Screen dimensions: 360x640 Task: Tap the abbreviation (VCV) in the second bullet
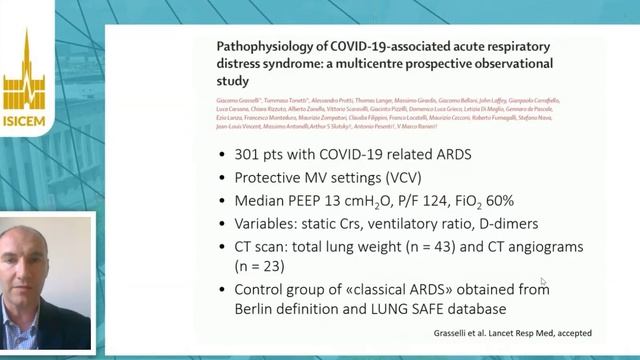pyautogui.click(x=391, y=178)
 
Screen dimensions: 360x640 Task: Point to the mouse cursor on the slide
pyautogui.click(x=543, y=283)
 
